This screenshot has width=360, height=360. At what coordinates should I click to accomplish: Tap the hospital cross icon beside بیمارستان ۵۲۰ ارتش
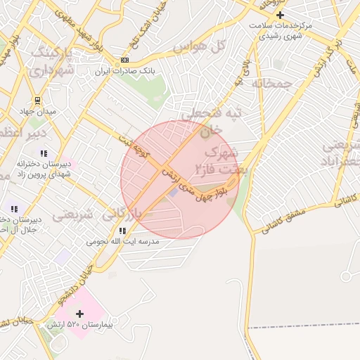(79, 314)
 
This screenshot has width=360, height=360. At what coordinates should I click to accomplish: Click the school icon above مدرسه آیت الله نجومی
(122, 231)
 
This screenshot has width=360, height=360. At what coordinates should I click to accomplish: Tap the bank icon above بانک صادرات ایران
(125, 60)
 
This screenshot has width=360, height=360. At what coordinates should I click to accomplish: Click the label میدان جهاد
(37, 112)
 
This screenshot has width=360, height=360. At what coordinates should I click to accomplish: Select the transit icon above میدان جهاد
(37, 101)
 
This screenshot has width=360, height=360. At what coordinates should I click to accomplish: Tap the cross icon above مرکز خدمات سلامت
(280, 15)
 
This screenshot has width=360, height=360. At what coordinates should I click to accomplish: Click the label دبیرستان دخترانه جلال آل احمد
(19, 224)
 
